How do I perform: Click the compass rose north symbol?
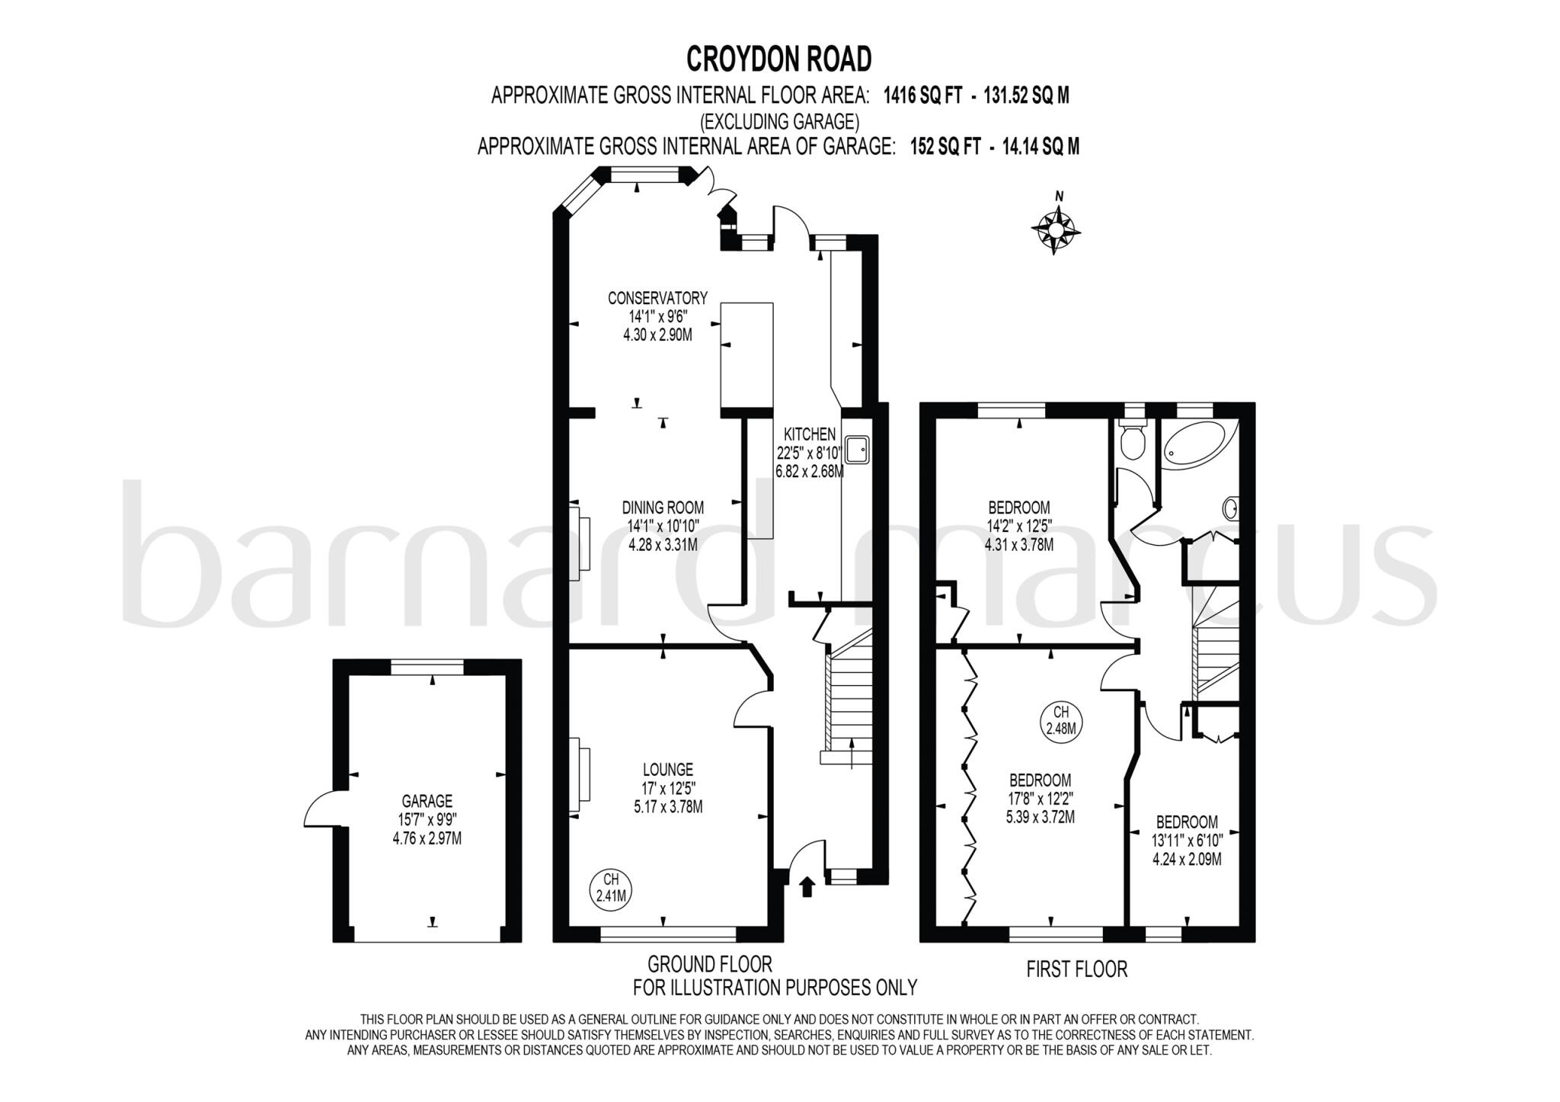pyautogui.click(x=1057, y=226)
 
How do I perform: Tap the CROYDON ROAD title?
pyautogui.click(x=778, y=59)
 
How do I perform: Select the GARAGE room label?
pyautogui.click(x=427, y=802)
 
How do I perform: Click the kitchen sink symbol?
pyautogui.click(x=857, y=450)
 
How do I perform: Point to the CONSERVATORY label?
pyautogui.click(x=657, y=298)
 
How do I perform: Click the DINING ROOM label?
pyautogui.click(x=663, y=508)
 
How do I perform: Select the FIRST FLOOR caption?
pyautogui.click(x=1076, y=970)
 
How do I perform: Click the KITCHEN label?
pyautogui.click(x=810, y=434)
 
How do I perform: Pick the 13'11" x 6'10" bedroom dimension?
pyautogui.click(x=1187, y=841)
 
